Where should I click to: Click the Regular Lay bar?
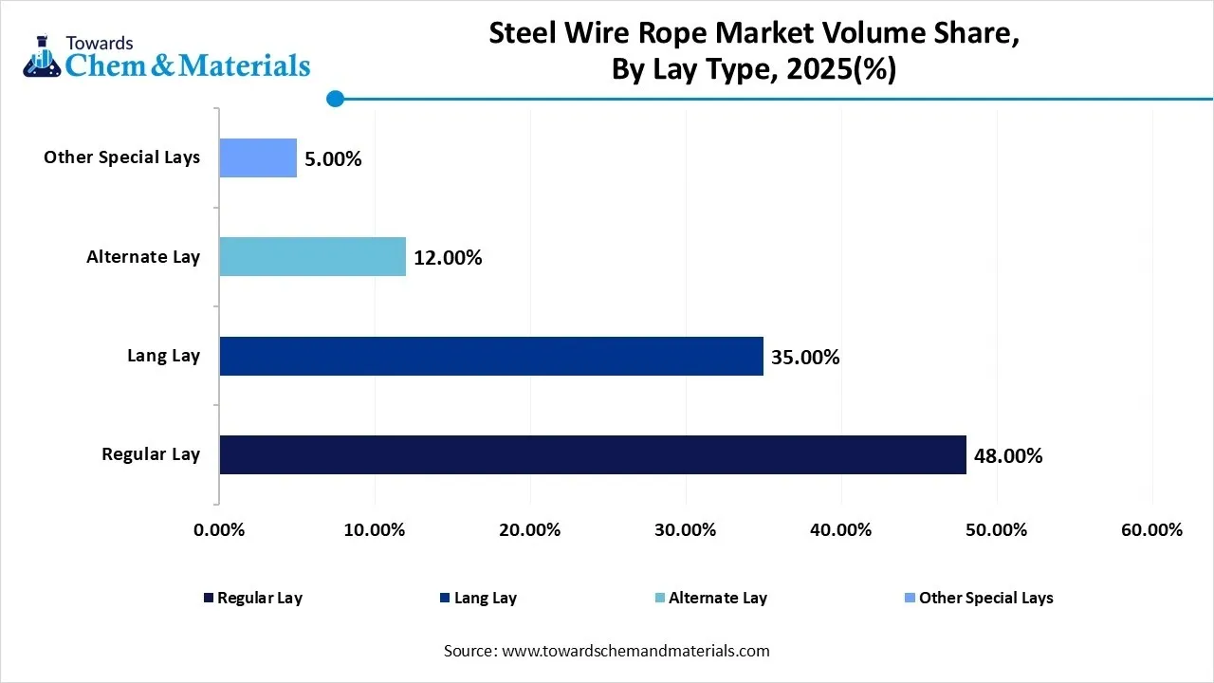coord(593,454)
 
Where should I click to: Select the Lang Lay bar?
coord(491,356)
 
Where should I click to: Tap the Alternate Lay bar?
coord(312,256)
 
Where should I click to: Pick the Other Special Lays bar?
coord(258,157)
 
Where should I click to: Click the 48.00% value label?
coord(1008,456)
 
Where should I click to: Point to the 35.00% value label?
coord(805,358)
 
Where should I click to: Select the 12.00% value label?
coord(448,258)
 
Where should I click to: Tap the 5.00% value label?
coord(333,159)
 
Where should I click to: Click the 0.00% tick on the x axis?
coord(219,529)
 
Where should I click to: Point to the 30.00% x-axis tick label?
coord(686,529)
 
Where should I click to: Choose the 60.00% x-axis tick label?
coord(1151,529)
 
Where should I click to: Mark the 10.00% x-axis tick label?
coord(375,529)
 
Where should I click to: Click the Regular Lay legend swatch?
coord(209,598)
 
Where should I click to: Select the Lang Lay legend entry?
coord(485,598)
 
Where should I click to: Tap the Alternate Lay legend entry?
coord(717,598)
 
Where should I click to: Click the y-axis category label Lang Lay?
coord(164,356)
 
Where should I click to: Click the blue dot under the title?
coord(335,99)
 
